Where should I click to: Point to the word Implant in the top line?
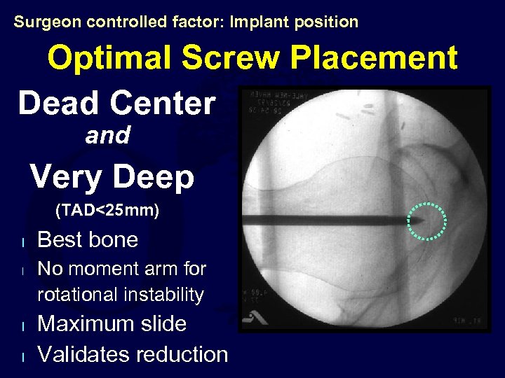click(255, 22)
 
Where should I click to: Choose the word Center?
click(163, 104)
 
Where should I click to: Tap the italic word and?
click(107, 135)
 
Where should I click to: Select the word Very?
click(67, 177)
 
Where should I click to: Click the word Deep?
click(153, 177)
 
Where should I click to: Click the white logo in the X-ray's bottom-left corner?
click(251, 318)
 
